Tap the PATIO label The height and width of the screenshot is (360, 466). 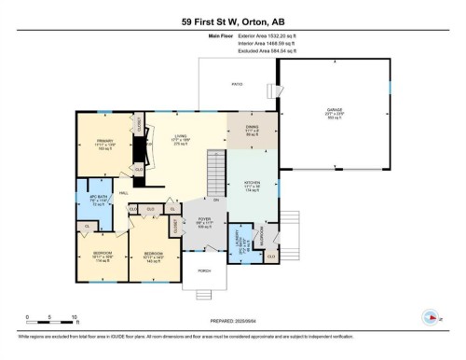tap(238, 84)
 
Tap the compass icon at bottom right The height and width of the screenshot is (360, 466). tap(430, 316)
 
